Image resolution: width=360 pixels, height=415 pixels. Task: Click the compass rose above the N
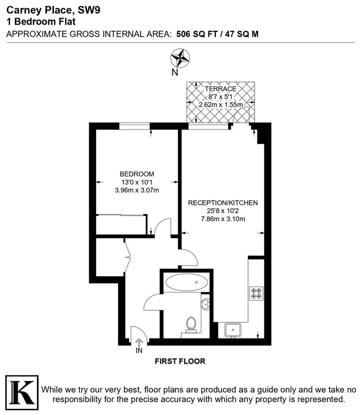[180, 58]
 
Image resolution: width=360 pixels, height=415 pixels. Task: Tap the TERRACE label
[221, 89]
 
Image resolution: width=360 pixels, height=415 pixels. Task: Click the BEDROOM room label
[137, 174]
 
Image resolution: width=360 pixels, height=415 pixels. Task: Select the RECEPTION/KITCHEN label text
[222, 202]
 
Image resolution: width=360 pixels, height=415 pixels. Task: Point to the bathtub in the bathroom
[187, 282]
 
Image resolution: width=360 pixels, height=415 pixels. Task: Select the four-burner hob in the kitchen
[256, 294]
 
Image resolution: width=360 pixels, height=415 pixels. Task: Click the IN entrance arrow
[139, 344]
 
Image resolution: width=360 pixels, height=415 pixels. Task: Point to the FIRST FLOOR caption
[180, 362]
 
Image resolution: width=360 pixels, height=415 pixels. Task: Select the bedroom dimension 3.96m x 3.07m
[137, 190]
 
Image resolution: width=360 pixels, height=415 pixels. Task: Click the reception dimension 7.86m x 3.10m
[222, 219]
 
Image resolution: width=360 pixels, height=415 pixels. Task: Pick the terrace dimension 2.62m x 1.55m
[221, 105]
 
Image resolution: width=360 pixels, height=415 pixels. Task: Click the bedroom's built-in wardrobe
[122, 225]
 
